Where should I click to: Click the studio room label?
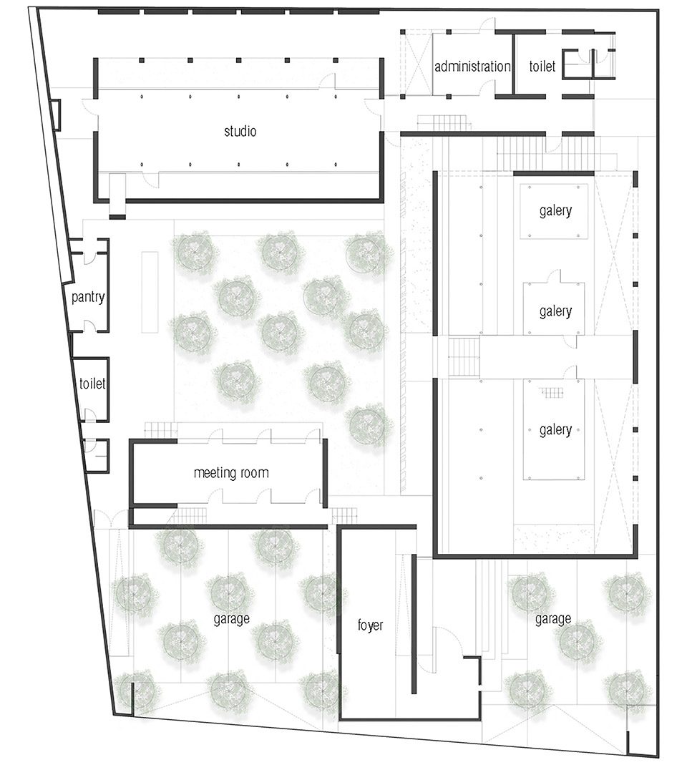(240, 131)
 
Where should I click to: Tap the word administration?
(472, 66)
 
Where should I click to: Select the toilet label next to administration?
(542, 66)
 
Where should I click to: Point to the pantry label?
(88, 297)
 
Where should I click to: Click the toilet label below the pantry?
(92, 384)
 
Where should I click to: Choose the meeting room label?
(231, 473)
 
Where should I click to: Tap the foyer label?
(371, 625)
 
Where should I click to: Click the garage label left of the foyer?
(232, 618)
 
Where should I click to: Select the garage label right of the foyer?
(552, 618)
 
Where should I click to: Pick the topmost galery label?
(555, 211)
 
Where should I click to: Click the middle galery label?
(555, 311)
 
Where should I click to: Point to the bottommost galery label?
(555, 430)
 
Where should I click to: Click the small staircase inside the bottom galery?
(551, 393)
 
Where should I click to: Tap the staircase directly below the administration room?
(444, 122)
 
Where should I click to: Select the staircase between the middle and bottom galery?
(464, 358)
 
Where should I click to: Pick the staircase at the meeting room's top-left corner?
(160, 430)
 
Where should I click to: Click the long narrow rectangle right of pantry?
(150, 292)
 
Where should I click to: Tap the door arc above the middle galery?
(553, 277)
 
